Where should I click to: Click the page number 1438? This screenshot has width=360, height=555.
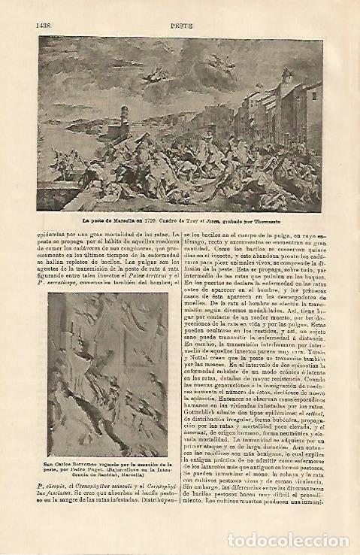(x=42, y=25)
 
